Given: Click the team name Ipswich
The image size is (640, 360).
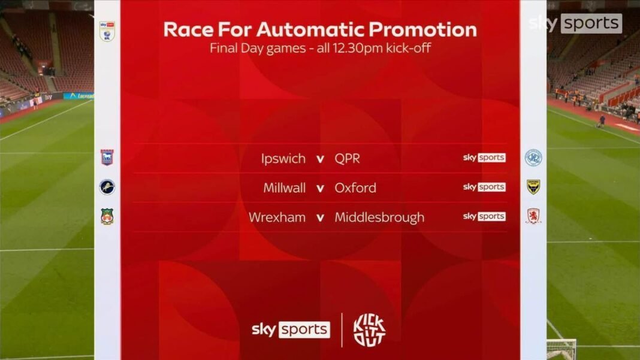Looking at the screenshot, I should [283, 159].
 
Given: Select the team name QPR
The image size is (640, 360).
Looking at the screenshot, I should [348, 159].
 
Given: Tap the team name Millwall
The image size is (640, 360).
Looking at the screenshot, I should [285, 188].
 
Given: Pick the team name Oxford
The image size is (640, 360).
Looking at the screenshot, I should [355, 188].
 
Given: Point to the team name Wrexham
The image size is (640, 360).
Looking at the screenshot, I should [277, 217].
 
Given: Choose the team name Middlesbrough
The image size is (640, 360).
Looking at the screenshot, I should [379, 217].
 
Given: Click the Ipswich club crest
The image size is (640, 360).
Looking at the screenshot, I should [107, 158].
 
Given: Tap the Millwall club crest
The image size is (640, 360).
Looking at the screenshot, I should [107, 187].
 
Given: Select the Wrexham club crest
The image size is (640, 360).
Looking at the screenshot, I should [107, 216].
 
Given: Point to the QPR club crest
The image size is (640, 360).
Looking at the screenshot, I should [533, 158].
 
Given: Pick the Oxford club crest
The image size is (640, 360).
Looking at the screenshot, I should [533, 187].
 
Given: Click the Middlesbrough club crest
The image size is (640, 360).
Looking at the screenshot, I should [533, 216].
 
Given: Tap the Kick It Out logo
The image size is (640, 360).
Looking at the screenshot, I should [369, 329].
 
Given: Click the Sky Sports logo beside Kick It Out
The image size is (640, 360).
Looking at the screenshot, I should [291, 329].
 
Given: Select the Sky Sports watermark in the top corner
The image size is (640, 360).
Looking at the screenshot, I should [575, 23].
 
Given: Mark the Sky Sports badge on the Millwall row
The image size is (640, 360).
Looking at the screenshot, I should [484, 187].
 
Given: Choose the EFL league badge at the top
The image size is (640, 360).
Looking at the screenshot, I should [107, 31].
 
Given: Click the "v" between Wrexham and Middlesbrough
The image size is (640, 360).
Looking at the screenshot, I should [320, 217].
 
